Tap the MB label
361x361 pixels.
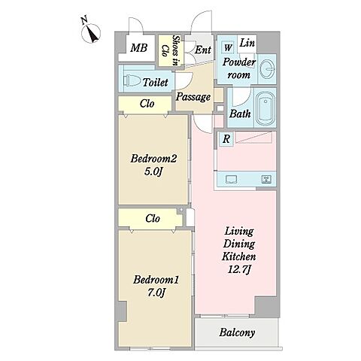pyautogui.click(x=139, y=47)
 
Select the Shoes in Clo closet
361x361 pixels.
pyautogui.click(x=171, y=50)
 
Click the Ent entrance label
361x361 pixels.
pyautogui.click(x=203, y=50)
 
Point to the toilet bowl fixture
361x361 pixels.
pyautogui.click(x=132, y=80)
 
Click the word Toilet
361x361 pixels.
pyautogui.click(x=155, y=82)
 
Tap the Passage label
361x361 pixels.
pyautogui.click(x=193, y=97)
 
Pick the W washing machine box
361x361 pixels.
pyautogui.click(x=229, y=47)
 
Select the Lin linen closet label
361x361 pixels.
pyautogui.click(x=247, y=43)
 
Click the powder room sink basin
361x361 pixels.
pyautogui.click(x=268, y=68)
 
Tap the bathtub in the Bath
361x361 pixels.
pyautogui.click(x=265, y=108)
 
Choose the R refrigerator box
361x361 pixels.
pyautogui.click(x=226, y=138)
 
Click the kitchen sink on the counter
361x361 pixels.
pyautogui.click(x=231, y=179)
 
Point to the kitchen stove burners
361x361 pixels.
pyautogui.click(x=265, y=179)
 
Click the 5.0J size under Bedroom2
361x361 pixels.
pyautogui.click(x=153, y=172)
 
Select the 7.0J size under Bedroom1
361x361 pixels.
pyautogui.click(x=156, y=293)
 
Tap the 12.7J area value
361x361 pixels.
pyautogui.click(x=239, y=270)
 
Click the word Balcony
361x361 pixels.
pyautogui.click(x=237, y=332)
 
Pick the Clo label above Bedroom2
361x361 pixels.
pyautogui.click(x=147, y=104)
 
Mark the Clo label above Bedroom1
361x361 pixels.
pyautogui.click(x=153, y=219)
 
